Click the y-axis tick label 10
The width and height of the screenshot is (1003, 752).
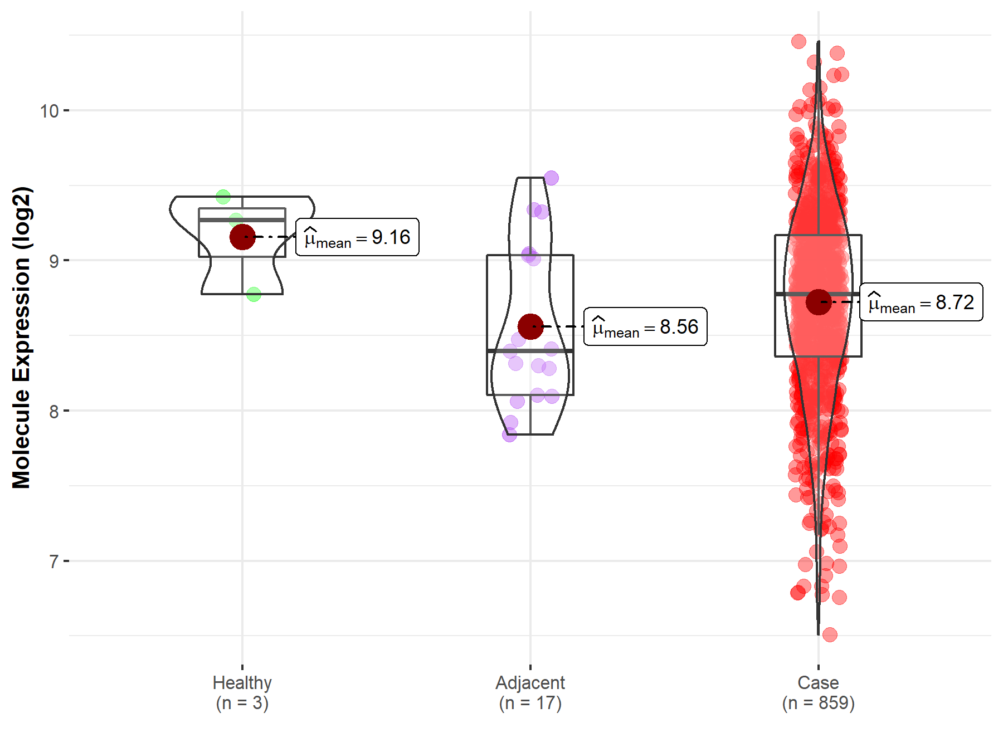pos(49,111)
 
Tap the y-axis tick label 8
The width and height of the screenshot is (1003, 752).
pos(53,412)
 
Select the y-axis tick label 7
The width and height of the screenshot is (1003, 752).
pos(53,561)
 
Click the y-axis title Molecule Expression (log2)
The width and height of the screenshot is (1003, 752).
pos(22,338)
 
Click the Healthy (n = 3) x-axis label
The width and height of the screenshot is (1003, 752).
pos(242,692)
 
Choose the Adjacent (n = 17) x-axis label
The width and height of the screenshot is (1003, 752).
pos(530,692)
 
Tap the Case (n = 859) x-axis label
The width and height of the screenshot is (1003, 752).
pos(818,692)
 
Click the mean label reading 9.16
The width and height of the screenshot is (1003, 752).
pos(357,237)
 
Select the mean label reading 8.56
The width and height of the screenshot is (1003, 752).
pos(645,327)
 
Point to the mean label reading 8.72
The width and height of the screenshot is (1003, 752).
pos(921,302)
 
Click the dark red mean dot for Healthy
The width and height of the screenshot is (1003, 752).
pos(242,237)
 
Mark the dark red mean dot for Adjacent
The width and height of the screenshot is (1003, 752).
pos(530,326)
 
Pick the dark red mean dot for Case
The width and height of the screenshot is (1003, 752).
pos(819,302)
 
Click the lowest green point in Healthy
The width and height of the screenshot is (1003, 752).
pos(254,294)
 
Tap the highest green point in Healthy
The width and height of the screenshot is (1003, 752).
pos(223,196)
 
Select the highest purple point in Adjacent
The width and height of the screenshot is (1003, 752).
pos(551,178)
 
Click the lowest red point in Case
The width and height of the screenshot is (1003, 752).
pos(830,634)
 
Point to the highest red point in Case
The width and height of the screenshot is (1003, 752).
pos(798,41)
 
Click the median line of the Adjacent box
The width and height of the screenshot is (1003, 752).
pos(530,351)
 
